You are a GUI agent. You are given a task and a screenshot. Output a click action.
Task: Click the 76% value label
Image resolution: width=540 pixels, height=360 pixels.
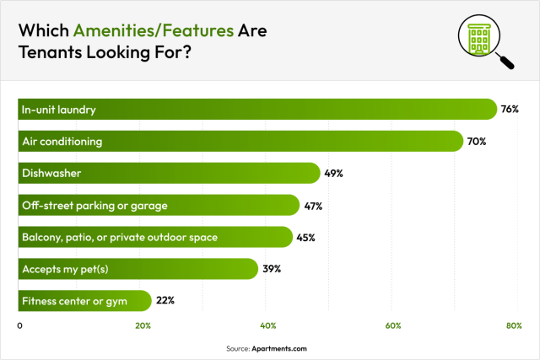[509, 110]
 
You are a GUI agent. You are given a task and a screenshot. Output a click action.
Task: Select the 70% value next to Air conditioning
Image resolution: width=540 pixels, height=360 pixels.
[477, 142]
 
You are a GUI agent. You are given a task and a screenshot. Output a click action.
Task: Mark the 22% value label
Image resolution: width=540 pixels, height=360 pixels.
[165, 300]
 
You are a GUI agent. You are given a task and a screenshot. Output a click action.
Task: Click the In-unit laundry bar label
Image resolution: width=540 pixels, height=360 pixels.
[60, 110]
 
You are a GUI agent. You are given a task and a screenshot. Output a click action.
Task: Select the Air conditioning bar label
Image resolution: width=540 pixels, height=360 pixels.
[63, 142]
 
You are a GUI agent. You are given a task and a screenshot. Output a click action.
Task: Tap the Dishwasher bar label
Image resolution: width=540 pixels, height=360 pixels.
[52, 174]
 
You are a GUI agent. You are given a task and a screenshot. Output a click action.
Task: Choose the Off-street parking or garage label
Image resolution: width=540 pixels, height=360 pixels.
[94, 206]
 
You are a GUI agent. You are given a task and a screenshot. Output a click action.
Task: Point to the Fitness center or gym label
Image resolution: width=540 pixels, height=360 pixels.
[75, 300]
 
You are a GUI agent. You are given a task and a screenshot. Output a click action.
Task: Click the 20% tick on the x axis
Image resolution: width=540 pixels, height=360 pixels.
[143, 325]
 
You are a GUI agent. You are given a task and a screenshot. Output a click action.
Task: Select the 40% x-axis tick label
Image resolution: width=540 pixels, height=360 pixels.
[269, 325]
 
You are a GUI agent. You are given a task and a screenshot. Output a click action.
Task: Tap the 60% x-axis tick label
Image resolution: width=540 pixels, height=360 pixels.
[392, 325]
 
